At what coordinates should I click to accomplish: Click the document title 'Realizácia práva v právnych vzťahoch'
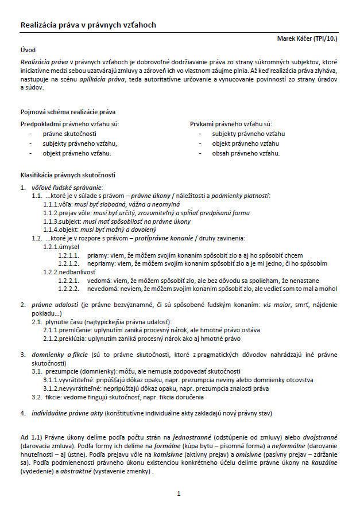pos(88,25)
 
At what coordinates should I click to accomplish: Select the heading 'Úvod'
pos(28,50)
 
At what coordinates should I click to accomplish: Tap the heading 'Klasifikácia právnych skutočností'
pos(68,174)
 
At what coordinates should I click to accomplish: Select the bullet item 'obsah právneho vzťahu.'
pos(246,154)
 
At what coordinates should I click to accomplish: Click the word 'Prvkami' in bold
pos(202,124)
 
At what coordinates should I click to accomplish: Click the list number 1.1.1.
pos(51,204)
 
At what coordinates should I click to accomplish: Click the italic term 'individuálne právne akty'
pos(66,413)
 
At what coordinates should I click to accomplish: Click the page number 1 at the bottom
pos(179,493)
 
